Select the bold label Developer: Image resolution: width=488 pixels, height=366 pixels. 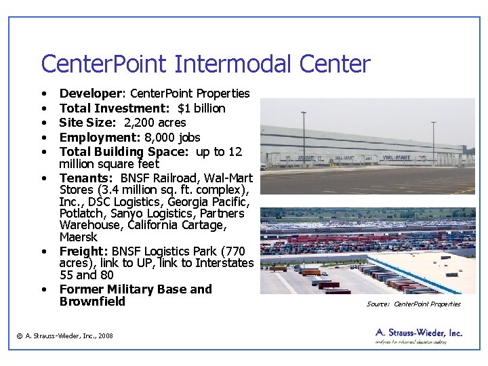click(x=92, y=94)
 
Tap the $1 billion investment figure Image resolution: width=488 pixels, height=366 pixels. click(x=201, y=108)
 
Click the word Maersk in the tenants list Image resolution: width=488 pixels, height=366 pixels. click(x=79, y=237)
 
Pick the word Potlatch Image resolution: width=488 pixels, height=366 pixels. click(x=81, y=213)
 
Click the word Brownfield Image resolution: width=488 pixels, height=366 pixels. click(x=92, y=302)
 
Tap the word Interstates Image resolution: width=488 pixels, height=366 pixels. click(x=224, y=263)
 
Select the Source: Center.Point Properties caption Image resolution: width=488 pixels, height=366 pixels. click(x=413, y=304)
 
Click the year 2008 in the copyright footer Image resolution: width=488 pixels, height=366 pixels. click(x=105, y=336)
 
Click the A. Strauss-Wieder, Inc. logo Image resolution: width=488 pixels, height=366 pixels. click(x=418, y=336)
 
